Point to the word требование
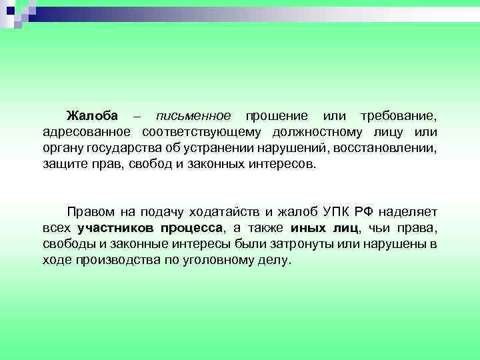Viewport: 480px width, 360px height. click(399, 117)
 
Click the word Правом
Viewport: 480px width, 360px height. click(91, 213)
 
